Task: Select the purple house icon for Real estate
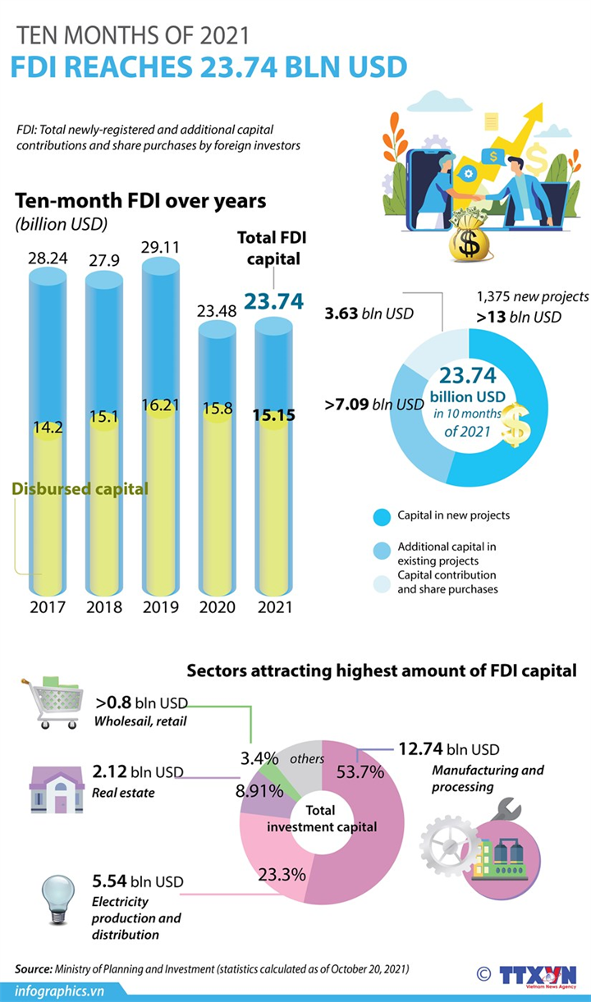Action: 57,789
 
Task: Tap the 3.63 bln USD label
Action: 369,313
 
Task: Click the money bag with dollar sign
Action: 471,237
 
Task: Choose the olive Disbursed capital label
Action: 80,489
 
